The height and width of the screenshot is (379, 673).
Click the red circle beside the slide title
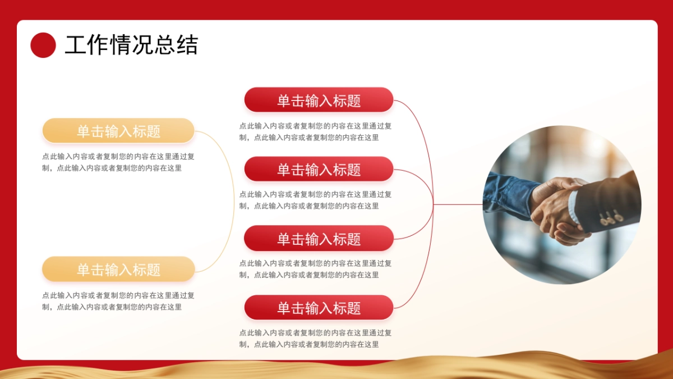click(x=43, y=45)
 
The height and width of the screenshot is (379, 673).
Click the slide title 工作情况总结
click(x=131, y=45)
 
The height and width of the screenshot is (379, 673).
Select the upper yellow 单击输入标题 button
click(x=118, y=131)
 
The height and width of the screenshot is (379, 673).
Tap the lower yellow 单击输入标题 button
click(x=118, y=270)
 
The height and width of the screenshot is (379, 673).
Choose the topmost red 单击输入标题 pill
click(x=319, y=100)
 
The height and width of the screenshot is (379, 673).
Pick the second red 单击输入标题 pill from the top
click(x=319, y=169)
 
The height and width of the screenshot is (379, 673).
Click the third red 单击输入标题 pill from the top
click(x=319, y=239)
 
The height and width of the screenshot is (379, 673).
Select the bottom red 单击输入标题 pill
click(x=319, y=308)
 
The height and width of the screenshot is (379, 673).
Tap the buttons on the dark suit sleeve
click(x=611, y=218)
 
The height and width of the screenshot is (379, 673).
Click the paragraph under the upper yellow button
click(x=118, y=162)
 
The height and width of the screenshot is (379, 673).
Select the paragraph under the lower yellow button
click(x=118, y=301)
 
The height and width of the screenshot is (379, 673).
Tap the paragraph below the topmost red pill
click(x=316, y=131)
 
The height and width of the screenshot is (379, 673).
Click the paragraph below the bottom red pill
click(x=316, y=339)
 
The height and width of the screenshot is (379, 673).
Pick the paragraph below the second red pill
click(x=316, y=200)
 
